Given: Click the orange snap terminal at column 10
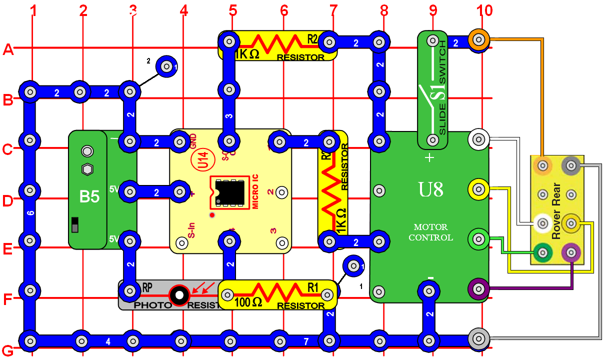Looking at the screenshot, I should [478, 39].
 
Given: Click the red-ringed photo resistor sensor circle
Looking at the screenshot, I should [178, 295].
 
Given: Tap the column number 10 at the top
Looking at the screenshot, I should [484, 10].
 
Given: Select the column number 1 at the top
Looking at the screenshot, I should [33, 10].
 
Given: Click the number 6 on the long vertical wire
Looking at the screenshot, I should [30, 214].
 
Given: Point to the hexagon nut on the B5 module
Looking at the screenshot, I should [87, 168].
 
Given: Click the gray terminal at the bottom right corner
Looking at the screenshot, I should [478, 338].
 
